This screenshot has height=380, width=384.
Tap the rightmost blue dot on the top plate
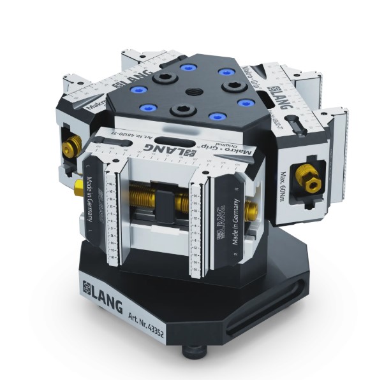244,102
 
